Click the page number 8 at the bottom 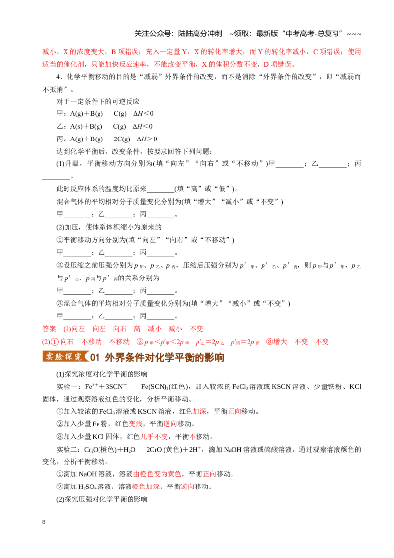[44, 522]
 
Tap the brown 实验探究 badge [65, 356]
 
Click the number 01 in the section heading [95, 357]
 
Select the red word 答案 [49, 329]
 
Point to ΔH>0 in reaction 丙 [147, 139]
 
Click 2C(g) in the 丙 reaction [122, 139]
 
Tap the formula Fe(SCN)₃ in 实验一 [154, 387]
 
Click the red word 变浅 [135, 424]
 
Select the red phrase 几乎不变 [154, 437]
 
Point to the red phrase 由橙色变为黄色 [157, 474]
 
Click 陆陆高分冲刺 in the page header [200, 34]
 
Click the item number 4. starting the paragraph [60, 77]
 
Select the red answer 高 [137, 329]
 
